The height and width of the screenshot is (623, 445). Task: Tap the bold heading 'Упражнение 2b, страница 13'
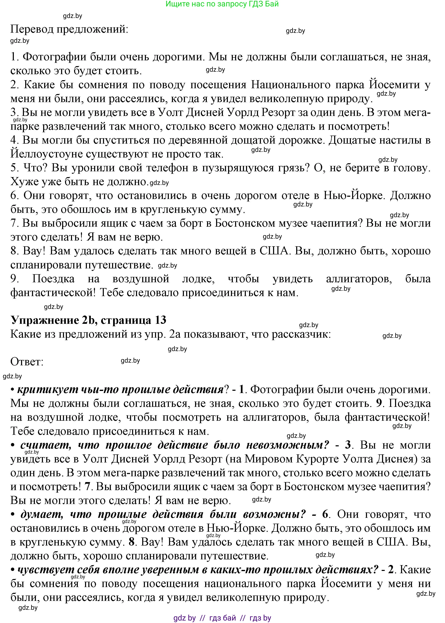pyautogui.click(x=88, y=320)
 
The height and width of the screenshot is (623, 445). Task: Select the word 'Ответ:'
pyautogui.click(x=27, y=362)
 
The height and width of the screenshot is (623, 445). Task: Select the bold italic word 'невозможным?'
pyautogui.click(x=288, y=445)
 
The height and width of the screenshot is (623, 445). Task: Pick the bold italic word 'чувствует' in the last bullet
pyautogui.click(x=45, y=570)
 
